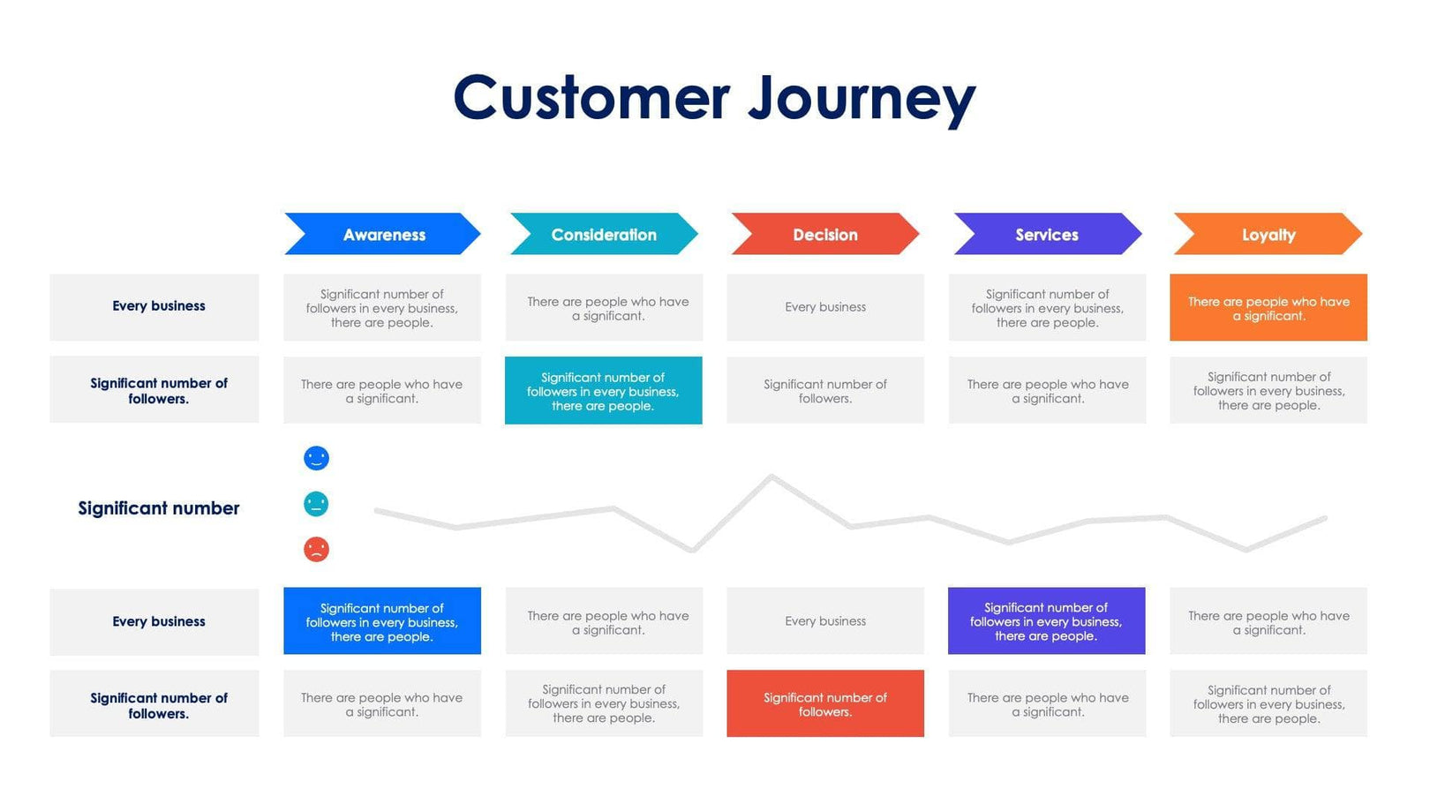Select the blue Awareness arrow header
(x=383, y=235)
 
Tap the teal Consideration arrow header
(x=604, y=235)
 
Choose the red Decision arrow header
(x=824, y=235)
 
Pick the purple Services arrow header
(x=1046, y=235)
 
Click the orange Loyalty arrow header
(x=1268, y=235)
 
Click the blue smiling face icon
(x=316, y=458)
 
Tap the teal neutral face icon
(x=316, y=504)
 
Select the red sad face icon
(x=316, y=550)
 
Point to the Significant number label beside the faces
(x=159, y=508)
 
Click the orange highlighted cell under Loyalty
(x=1268, y=308)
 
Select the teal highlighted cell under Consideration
(x=604, y=391)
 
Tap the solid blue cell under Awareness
(x=382, y=621)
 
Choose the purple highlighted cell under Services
(x=1046, y=621)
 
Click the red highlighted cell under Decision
(x=824, y=703)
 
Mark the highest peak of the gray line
(x=771, y=477)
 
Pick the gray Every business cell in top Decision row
(x=824, y=307)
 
